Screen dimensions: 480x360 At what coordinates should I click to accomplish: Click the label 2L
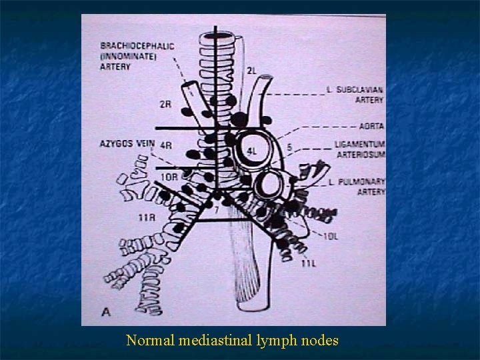point(252,71)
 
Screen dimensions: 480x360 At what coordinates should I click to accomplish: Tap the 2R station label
point(166,104)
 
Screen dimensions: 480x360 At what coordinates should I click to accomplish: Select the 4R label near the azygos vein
point(166,145)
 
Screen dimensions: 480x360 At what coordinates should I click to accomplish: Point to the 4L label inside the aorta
point(252,151)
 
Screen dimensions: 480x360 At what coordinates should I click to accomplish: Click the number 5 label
point(289,146)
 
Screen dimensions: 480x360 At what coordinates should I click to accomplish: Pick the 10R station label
point(169,177)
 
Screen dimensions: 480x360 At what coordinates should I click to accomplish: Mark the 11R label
point(147,217)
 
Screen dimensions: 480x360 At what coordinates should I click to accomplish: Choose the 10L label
point(331,236)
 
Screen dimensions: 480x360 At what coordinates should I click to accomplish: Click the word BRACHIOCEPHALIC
point(137,46)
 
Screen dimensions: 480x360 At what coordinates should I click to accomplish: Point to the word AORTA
point(371,126)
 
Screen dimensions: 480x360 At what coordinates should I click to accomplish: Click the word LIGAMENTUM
point(360,144)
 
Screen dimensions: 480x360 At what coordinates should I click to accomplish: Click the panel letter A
point(107,310)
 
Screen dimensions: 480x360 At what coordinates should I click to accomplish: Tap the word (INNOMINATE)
point(128,56)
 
